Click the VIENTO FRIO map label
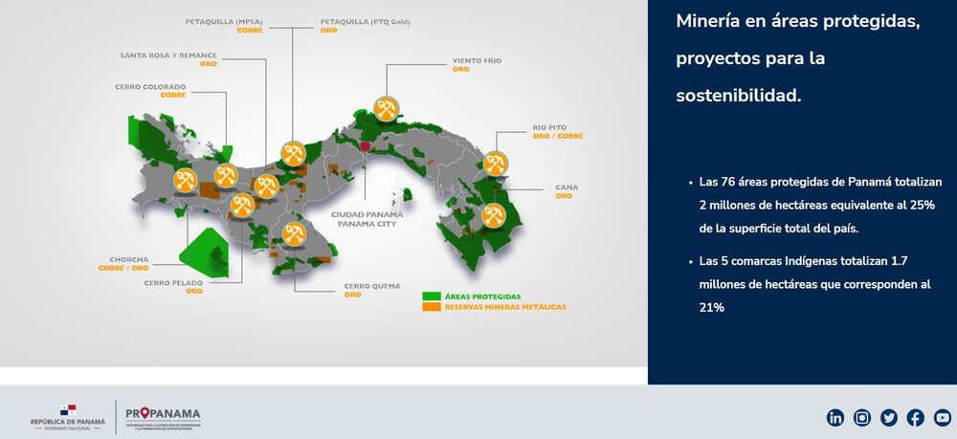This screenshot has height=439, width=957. click(x=477, y=60)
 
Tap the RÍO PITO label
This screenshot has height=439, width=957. click(x=551, y=127)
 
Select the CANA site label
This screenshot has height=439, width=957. click(x=565, y=187)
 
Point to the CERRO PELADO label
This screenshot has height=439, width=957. click(x=173, y=282)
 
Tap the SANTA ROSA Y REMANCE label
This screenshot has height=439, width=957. click(x=168, y=55)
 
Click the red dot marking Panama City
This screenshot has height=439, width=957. click(x=364, y=146)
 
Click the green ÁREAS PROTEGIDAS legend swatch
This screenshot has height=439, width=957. click(x=430, y=296)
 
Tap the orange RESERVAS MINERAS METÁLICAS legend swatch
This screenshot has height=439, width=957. click(x=430, y=307)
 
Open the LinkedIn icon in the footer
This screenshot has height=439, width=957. click(x=835, y=417)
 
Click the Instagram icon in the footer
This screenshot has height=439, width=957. click(x=862, y=417)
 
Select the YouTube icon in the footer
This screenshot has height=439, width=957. click(x=943, y=417)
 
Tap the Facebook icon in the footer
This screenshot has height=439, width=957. click(x=916, y=417)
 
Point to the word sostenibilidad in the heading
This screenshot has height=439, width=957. click(x=738, y=96)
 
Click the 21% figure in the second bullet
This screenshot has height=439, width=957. click(x=711, y=308)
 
